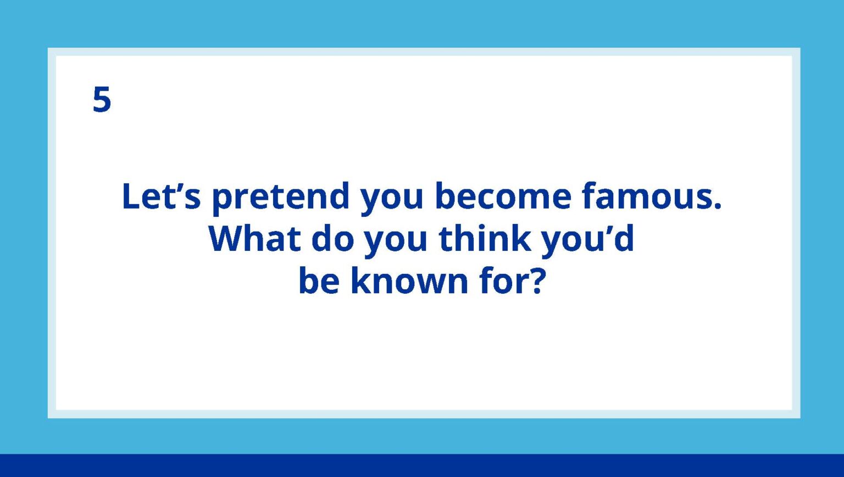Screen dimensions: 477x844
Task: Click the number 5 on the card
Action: click(x=102, y=100)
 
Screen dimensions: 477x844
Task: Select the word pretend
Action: click(x=281, y=198)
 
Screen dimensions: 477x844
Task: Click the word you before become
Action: click(x=392, y=199)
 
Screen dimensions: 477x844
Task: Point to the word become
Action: click(x=503, y=196)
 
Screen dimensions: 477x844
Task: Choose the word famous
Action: click(x=647, y=196)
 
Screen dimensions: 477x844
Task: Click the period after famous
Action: click(x=717, y=207)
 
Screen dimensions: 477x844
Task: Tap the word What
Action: click(x=254, y=239)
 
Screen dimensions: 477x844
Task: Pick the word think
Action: click(x=485, y=239)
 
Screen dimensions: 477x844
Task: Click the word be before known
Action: click(x=319, y=281)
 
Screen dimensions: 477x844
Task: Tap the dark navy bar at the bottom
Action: click(x=422, y=465)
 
